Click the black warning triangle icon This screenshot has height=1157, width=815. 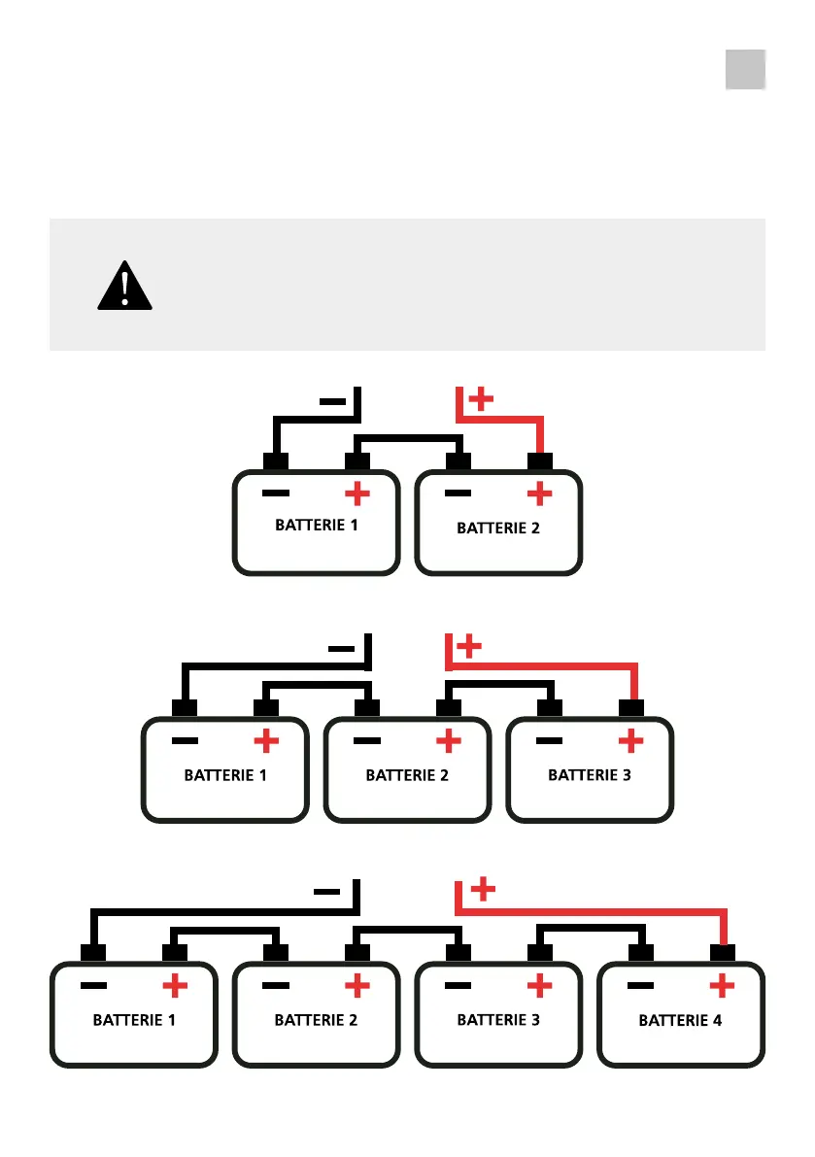(x=124, y=286)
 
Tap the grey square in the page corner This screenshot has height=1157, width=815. (x=745, y=69)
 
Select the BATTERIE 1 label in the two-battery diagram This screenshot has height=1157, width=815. (x=317, y=526)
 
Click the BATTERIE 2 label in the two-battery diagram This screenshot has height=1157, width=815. (x=498, y=528)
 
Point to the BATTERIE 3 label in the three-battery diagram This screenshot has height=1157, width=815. (x=590, y=775)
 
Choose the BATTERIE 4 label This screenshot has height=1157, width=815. (x=680, y=1021)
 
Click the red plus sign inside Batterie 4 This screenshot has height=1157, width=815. (x=721, y=987)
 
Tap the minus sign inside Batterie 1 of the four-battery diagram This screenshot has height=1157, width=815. (x=94, y=986)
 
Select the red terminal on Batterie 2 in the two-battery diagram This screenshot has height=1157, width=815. (x=540, y=459)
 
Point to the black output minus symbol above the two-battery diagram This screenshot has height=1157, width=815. (x=331, y=399)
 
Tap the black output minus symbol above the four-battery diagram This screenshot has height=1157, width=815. (x=326, y=890)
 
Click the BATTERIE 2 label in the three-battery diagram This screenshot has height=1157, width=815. (x=407, y=775)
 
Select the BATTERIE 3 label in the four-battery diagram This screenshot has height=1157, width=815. (x=498, y=1020)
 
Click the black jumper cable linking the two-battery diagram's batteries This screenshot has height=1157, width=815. (x=408, y=438)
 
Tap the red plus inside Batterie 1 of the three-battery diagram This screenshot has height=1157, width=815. (x=266, y=741)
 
